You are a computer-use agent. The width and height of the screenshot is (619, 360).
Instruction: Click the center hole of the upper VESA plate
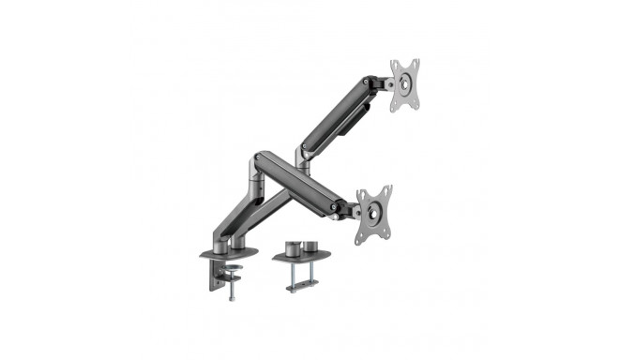tap(404, 85)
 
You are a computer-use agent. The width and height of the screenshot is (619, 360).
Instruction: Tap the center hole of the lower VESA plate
tap(373, 214)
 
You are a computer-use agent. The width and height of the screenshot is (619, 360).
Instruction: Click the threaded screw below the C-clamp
tap(229, 290)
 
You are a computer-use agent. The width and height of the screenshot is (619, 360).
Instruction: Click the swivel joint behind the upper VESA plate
tap(380, 85)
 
